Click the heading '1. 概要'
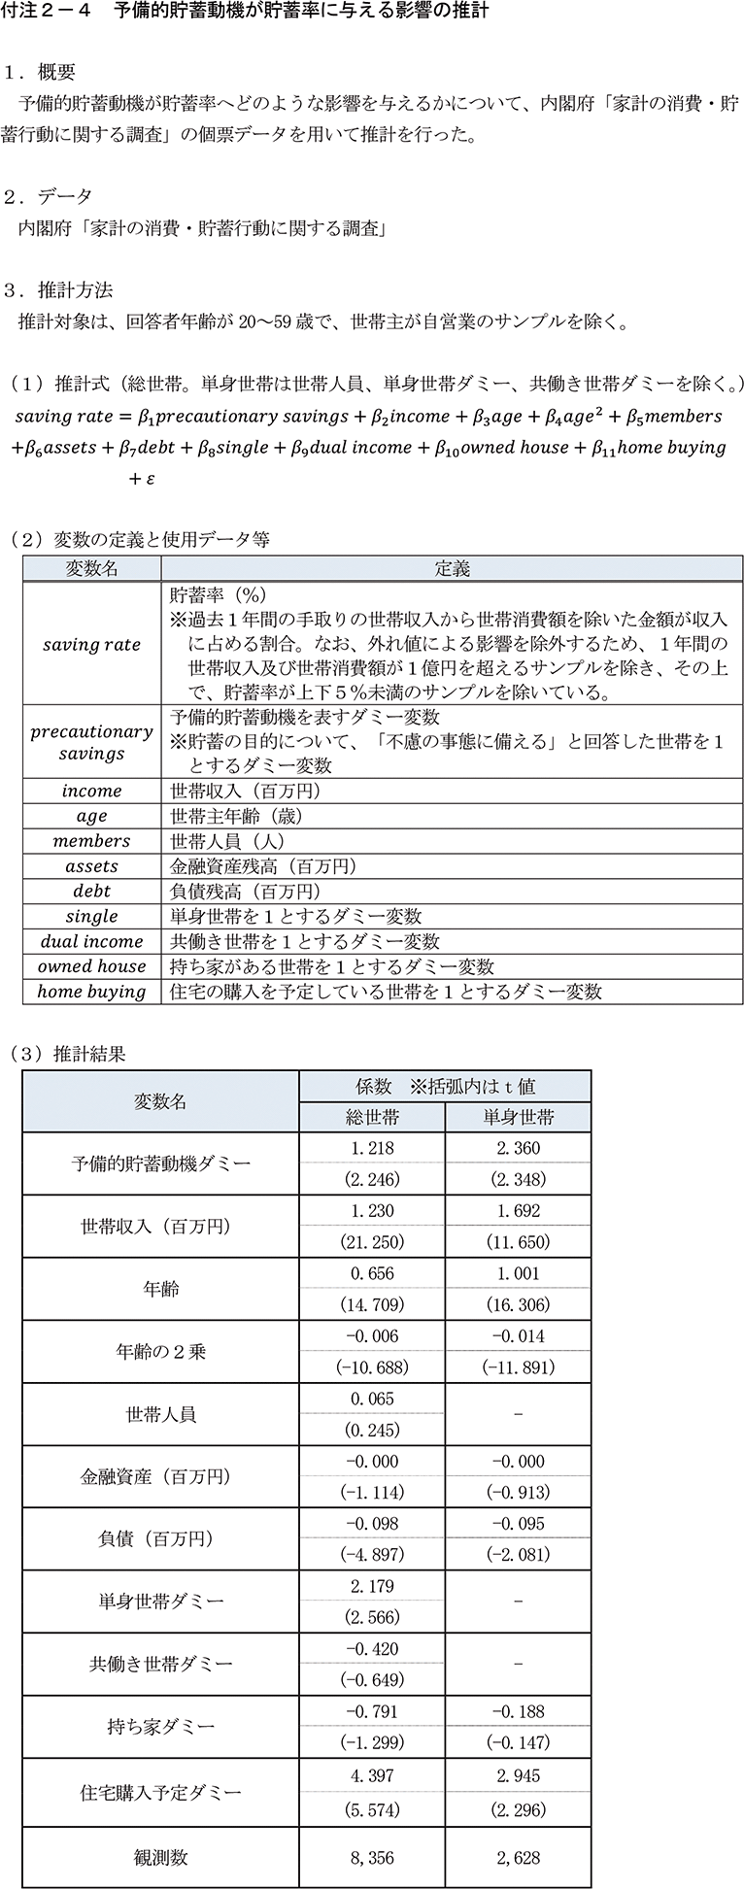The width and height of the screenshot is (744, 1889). pos(40,73)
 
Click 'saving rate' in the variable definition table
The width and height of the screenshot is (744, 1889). pos(92,645)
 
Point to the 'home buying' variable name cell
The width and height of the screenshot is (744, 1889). pos(92,992)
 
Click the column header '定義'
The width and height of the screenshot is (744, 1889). pos(452,569)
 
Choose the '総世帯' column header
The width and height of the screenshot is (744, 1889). pos(372,1117)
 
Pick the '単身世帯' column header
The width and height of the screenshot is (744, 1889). pos(518,1117)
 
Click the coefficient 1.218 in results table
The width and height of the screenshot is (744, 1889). pos(372,1148)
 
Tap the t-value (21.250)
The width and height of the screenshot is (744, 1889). pos(372,1242)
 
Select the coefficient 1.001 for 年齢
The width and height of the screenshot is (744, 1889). pos(518,1273)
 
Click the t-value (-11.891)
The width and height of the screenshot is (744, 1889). pos(518,1367)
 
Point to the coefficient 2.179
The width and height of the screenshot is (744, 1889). pos(372,1586)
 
